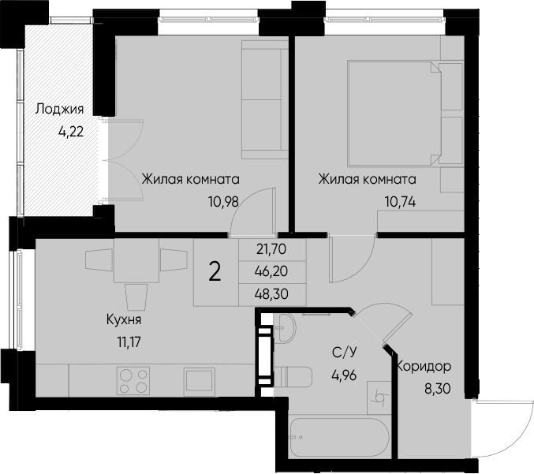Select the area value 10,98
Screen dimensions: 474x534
pyautogui.click(x=222, y=200)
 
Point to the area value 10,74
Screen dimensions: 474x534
pyautogui.click(x=400, y=200)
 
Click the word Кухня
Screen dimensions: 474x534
pyautogui.click(x=123, y=320)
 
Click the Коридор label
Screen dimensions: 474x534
pyautogui.click(x=424, y=367)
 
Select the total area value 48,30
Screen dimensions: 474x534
pyautogui.click(x=271, y=289)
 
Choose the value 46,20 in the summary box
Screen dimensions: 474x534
pyautogui.click(x=271, y=269)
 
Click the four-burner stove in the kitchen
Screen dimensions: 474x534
pyautogui.click(x=133, y=381)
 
